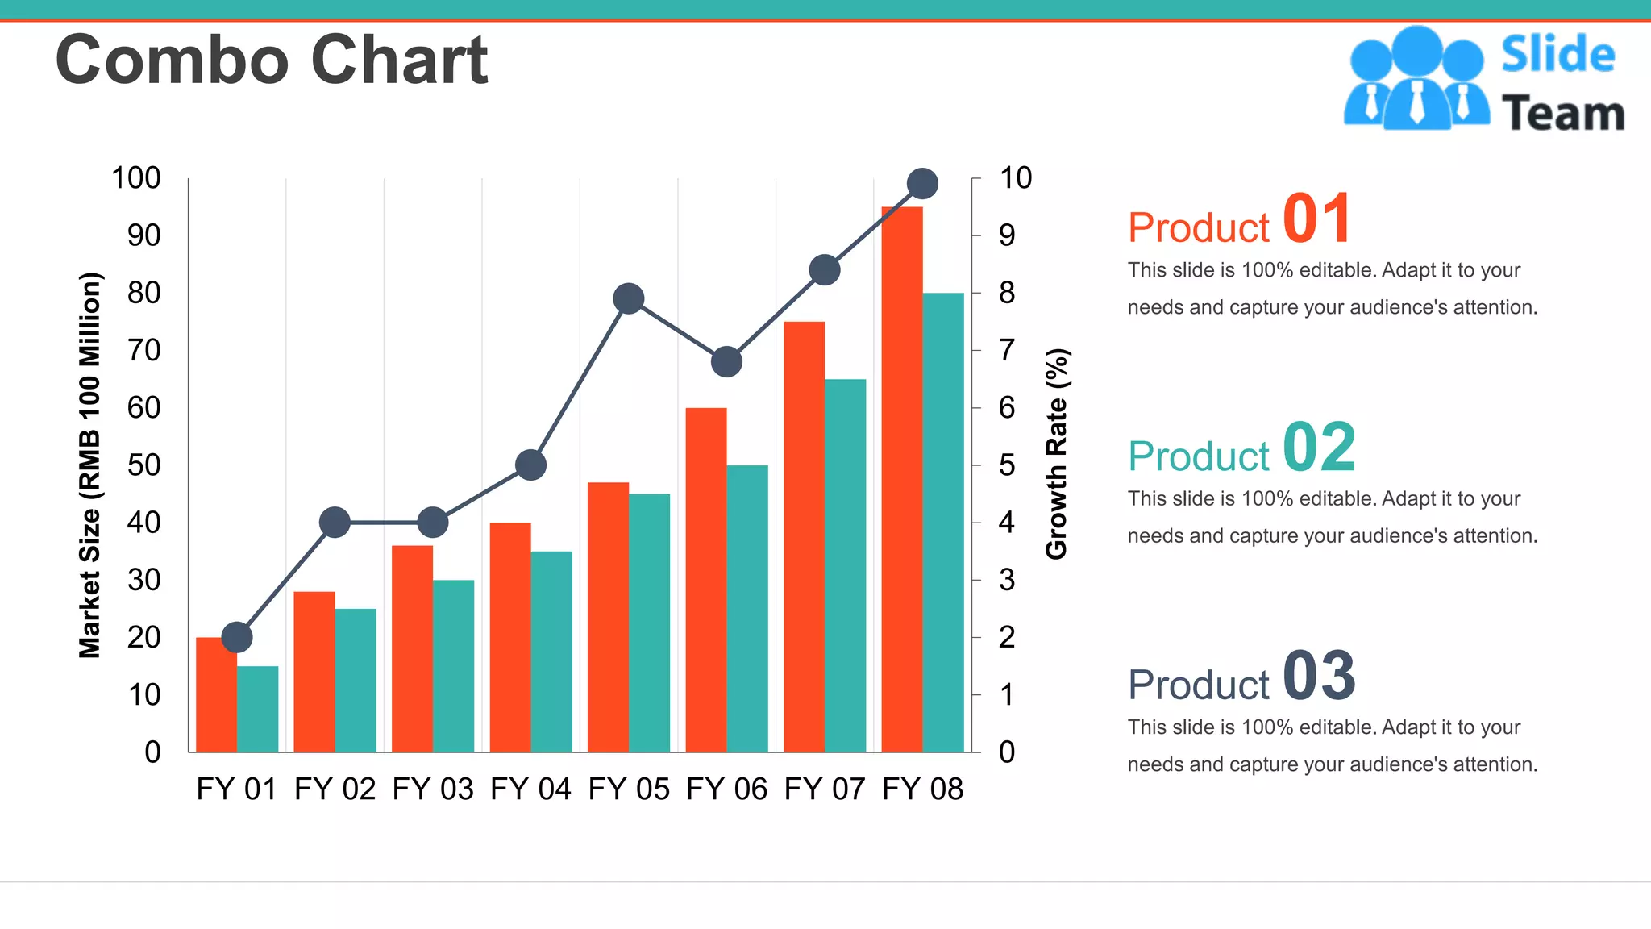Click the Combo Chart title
[x=271, y=60]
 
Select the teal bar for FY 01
[x=257, y=709]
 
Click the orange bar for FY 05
[x=608, y=617]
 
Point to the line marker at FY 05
[x=628, y=299]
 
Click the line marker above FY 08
[x=922, y=184]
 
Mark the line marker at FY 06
[x=726, y=362]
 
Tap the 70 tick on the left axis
[x=143, y=351]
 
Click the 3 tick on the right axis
[x=1006, y=581]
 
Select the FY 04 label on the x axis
[x=530, y=789]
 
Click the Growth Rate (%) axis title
[x=1056, y=454]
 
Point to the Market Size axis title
[x=89, y=465]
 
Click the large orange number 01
[x=1316, y=219]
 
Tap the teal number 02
[x=1318, y=448]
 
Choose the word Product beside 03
[x=1199, y=685]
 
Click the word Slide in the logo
[x=1557, y=55]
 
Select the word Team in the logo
[x=1563, y=114]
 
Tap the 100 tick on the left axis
[x=135, y=178]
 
